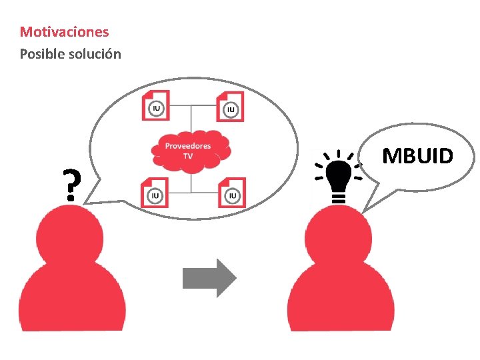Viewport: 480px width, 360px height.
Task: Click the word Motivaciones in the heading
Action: click(64, 31)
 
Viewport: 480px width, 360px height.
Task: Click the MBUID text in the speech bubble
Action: click(418, 156)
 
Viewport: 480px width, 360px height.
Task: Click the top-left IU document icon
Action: click(155, 105)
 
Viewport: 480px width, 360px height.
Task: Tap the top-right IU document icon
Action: click(231, 106)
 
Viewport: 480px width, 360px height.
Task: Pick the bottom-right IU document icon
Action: click(232, 193)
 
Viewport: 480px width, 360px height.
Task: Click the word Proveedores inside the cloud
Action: click(188, 146)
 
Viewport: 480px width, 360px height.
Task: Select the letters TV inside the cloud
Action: click(188, 157)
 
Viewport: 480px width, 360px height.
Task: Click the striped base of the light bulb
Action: click(338, 195)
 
